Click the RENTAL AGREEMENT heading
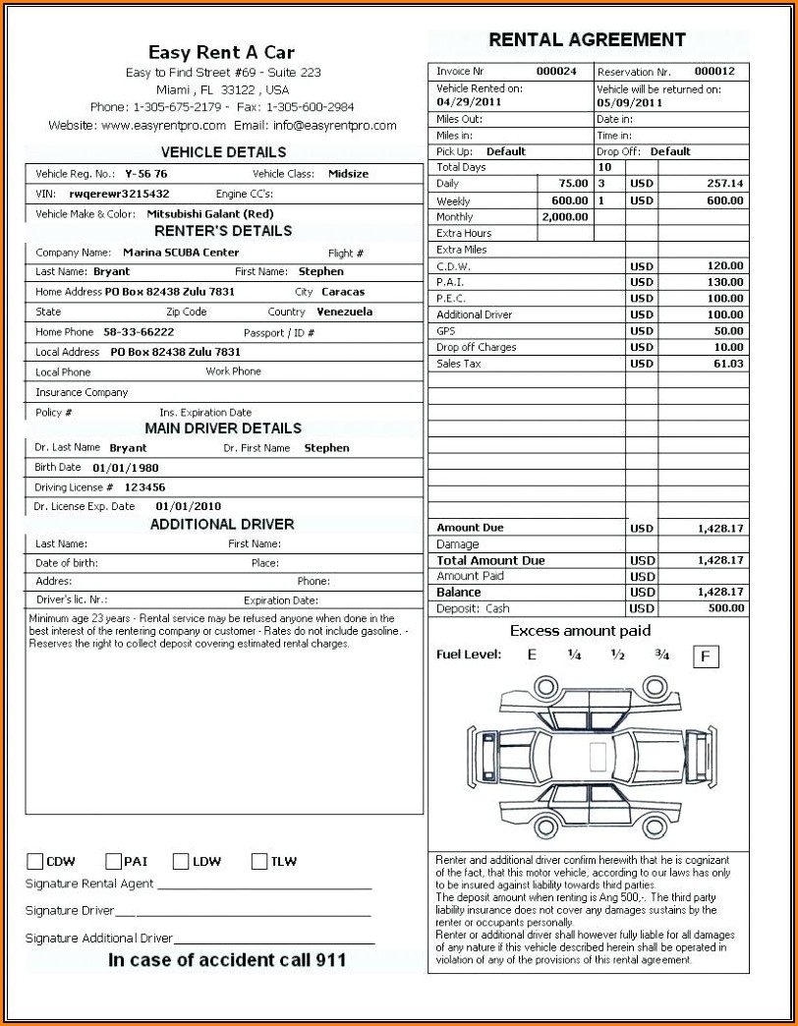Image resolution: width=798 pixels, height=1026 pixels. [587, 40]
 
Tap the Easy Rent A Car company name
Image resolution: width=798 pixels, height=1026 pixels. [221, 53]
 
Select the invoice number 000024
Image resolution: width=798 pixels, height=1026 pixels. [556, 72]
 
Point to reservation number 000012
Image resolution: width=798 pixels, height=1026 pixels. [714, 72]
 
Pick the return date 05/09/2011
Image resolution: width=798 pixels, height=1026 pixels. [628, 102]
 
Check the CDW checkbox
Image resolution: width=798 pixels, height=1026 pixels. [35, 862]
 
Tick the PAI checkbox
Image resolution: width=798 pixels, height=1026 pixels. [113, 862]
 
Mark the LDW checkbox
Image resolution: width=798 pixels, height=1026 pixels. [181, 862]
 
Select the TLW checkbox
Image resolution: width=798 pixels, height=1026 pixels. [259, 862]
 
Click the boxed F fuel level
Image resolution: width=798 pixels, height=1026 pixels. [705, 655]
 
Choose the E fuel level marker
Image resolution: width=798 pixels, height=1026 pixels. [532, 655]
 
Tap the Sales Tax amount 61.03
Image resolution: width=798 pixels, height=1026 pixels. [728, 364]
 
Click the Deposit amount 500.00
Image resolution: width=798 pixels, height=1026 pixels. [726, 608]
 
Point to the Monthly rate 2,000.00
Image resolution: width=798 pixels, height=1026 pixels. [564, 217]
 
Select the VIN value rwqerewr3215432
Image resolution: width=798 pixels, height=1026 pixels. [119, 195]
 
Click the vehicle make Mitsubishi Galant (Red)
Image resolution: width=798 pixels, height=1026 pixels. [209, 214]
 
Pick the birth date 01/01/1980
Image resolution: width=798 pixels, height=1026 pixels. [125, 469]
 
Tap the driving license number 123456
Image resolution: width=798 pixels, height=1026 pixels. [144, 487]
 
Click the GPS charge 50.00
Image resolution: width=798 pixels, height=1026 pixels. [728, 331]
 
